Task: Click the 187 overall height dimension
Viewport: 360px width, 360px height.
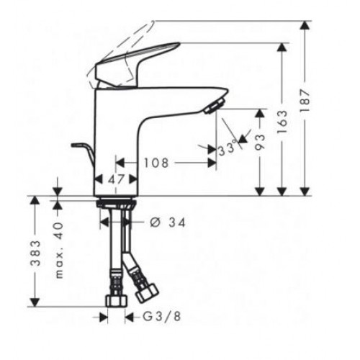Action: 305,101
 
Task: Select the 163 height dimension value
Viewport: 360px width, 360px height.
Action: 282,122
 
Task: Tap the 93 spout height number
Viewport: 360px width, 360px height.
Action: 260,142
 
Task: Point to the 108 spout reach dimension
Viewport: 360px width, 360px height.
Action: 156,163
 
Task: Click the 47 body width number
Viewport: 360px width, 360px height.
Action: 117,179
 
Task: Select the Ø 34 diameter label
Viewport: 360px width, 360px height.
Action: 168,222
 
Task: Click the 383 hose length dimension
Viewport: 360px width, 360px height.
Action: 35,253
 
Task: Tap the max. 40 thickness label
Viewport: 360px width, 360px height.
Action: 59,251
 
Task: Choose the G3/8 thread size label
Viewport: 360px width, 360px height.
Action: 162,317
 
